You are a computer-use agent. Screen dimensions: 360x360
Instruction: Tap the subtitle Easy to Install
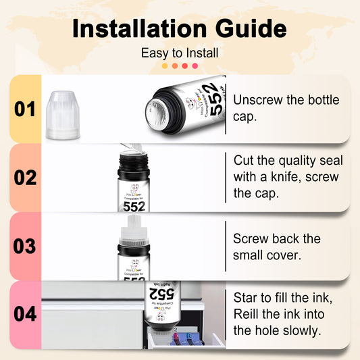(180, 53)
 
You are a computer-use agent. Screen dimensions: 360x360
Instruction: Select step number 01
(24, 109)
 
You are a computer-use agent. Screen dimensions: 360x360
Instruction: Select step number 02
(24, 178)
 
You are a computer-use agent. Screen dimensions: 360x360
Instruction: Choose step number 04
(24, 315)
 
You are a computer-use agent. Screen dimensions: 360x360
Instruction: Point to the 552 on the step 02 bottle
(134, 205)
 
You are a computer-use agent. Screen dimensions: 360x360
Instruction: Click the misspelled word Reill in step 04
(249, 314)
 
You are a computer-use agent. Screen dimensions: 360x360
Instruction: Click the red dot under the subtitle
(195, 66)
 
